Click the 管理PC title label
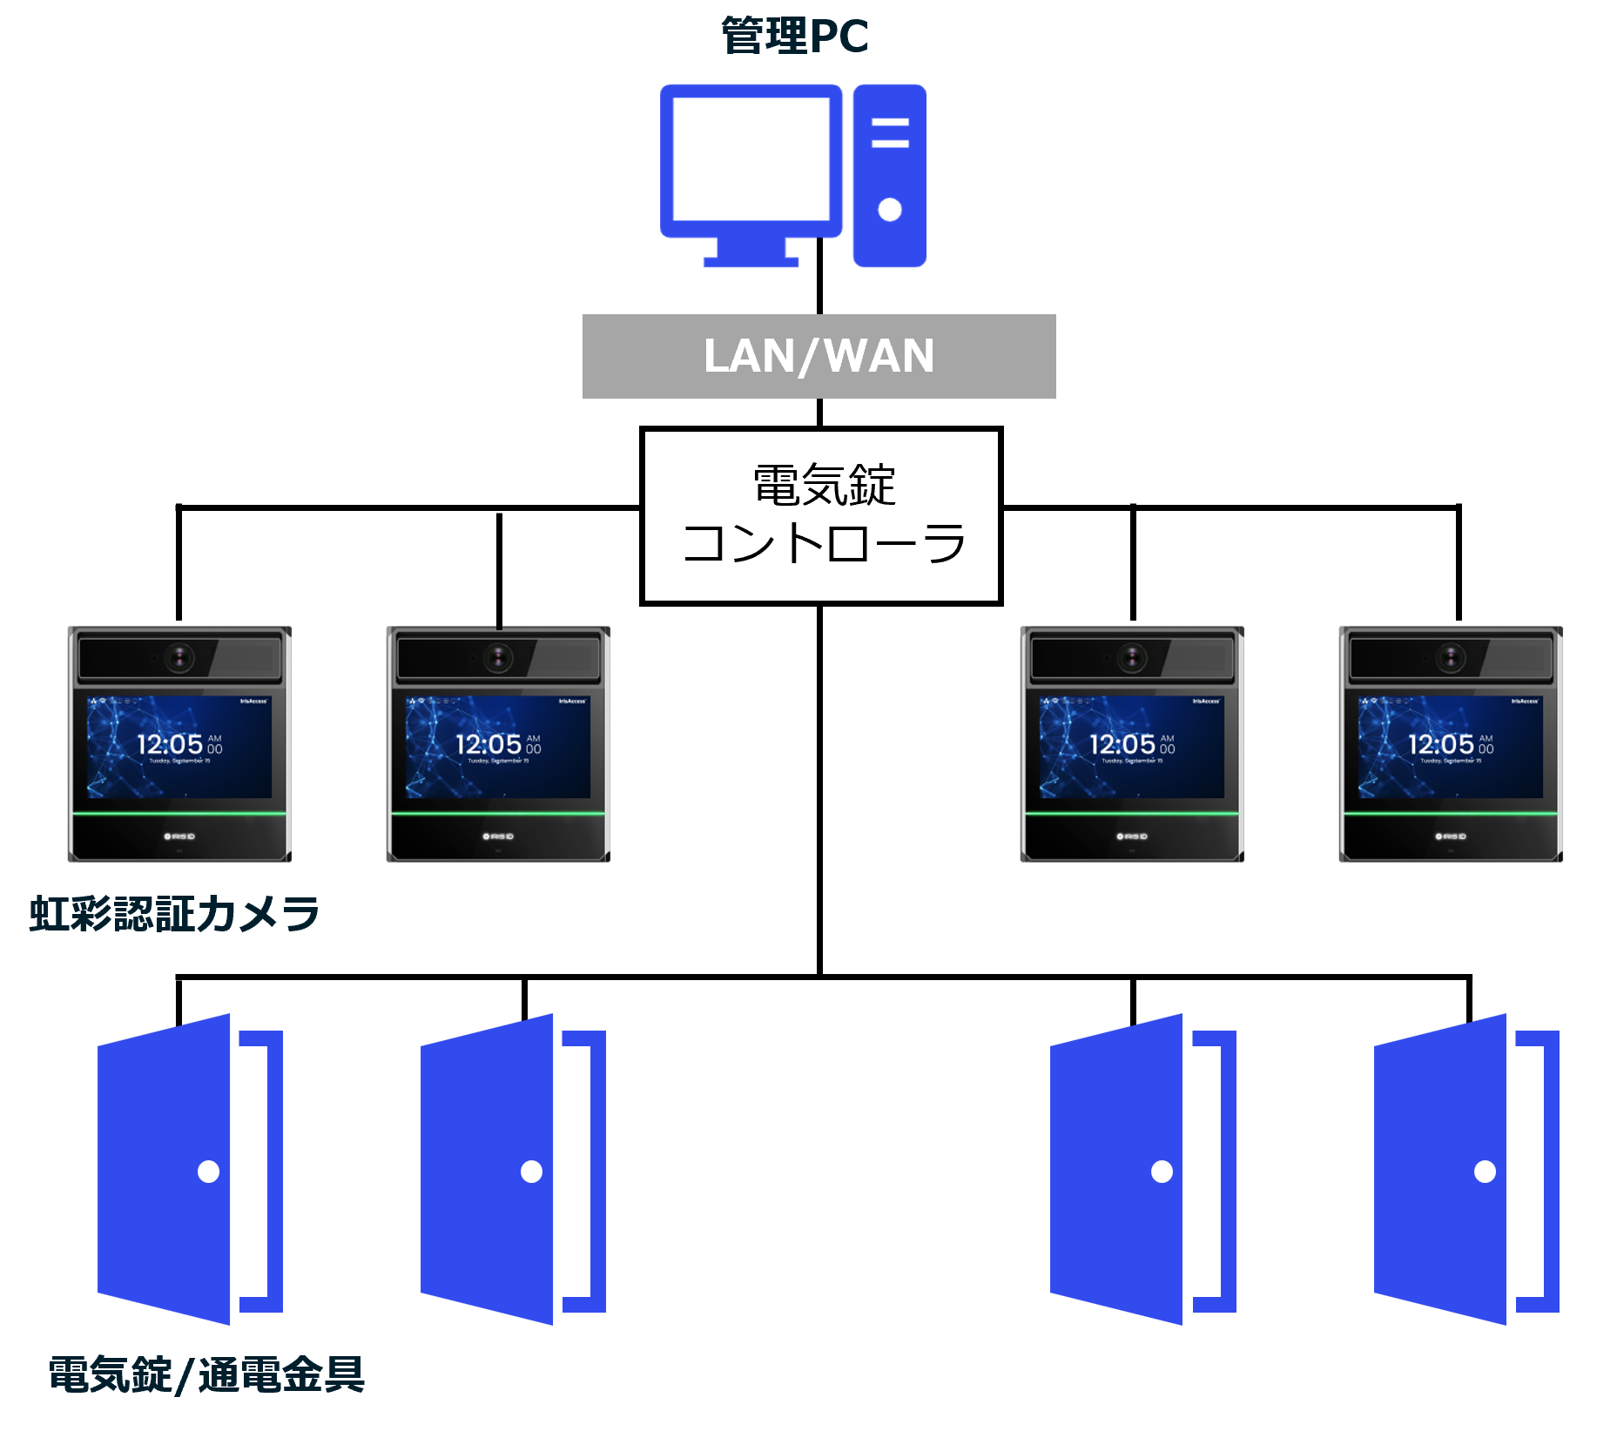794,37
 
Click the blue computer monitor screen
751,159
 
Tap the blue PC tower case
889,175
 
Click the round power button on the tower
889,210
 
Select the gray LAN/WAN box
819,356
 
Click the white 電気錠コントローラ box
821,515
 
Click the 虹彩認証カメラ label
174,914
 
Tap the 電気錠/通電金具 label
206,1374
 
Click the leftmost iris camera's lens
180,657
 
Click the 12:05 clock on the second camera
488,744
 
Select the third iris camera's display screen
1131,747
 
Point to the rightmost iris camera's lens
1451,657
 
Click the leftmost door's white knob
209,1172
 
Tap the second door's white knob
531,1172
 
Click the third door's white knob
1162,1172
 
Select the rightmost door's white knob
1485,1172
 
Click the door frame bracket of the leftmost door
273,1171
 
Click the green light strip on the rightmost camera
1451,813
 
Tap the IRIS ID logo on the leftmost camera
180,836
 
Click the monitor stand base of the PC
751,261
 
